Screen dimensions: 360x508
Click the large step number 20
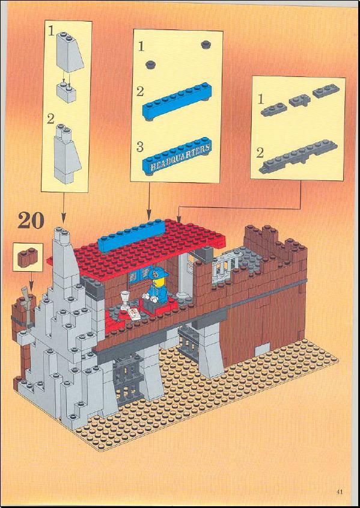click(31, 221)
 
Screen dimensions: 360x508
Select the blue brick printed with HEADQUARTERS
click(177, 156)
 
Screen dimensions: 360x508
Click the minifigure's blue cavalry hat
click(158, 272)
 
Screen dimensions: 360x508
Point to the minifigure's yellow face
click(156, 282)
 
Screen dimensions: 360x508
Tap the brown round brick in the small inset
click(28, 257)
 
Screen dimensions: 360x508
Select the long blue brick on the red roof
click(132, 235)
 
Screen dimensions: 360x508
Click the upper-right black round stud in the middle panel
click(206, 44)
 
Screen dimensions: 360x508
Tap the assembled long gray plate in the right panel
click(298, 157)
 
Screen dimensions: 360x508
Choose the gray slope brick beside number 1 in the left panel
click(69, 52)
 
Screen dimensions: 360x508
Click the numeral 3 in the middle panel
click(140, 147)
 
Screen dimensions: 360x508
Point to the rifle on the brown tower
click(28, 305)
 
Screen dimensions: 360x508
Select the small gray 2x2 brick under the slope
click(66, 92)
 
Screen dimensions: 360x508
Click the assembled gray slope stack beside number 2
click(67, 153)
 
